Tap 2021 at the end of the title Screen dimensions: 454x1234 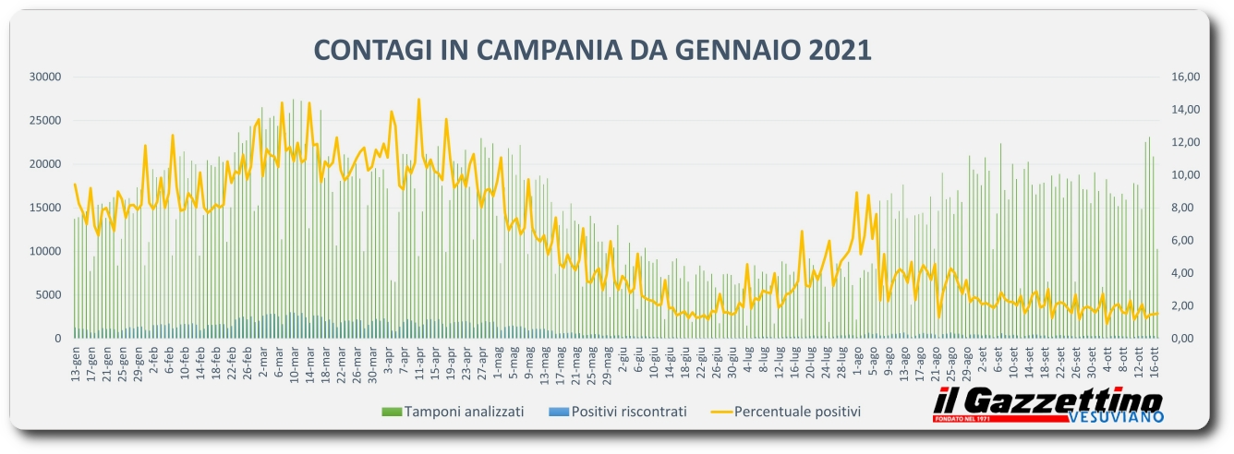pyautogui.click(x=841, y=49)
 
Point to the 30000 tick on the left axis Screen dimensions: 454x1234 pyautogui.click(x=45, y=77)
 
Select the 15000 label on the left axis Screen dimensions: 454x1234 pyautogui.click(x=45, y=208)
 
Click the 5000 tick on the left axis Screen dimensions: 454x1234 pyautogui.click(x=48, y=295)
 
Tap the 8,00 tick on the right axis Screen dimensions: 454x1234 pyautogui.click(x=1185, y=208)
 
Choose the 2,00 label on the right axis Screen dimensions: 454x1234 pyautogui.click(x=1185, y=305)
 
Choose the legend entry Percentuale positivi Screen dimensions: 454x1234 pyautogui.click(x=796, y=412)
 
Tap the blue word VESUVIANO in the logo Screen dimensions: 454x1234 pyautogui.click(x=1119, y=417)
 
